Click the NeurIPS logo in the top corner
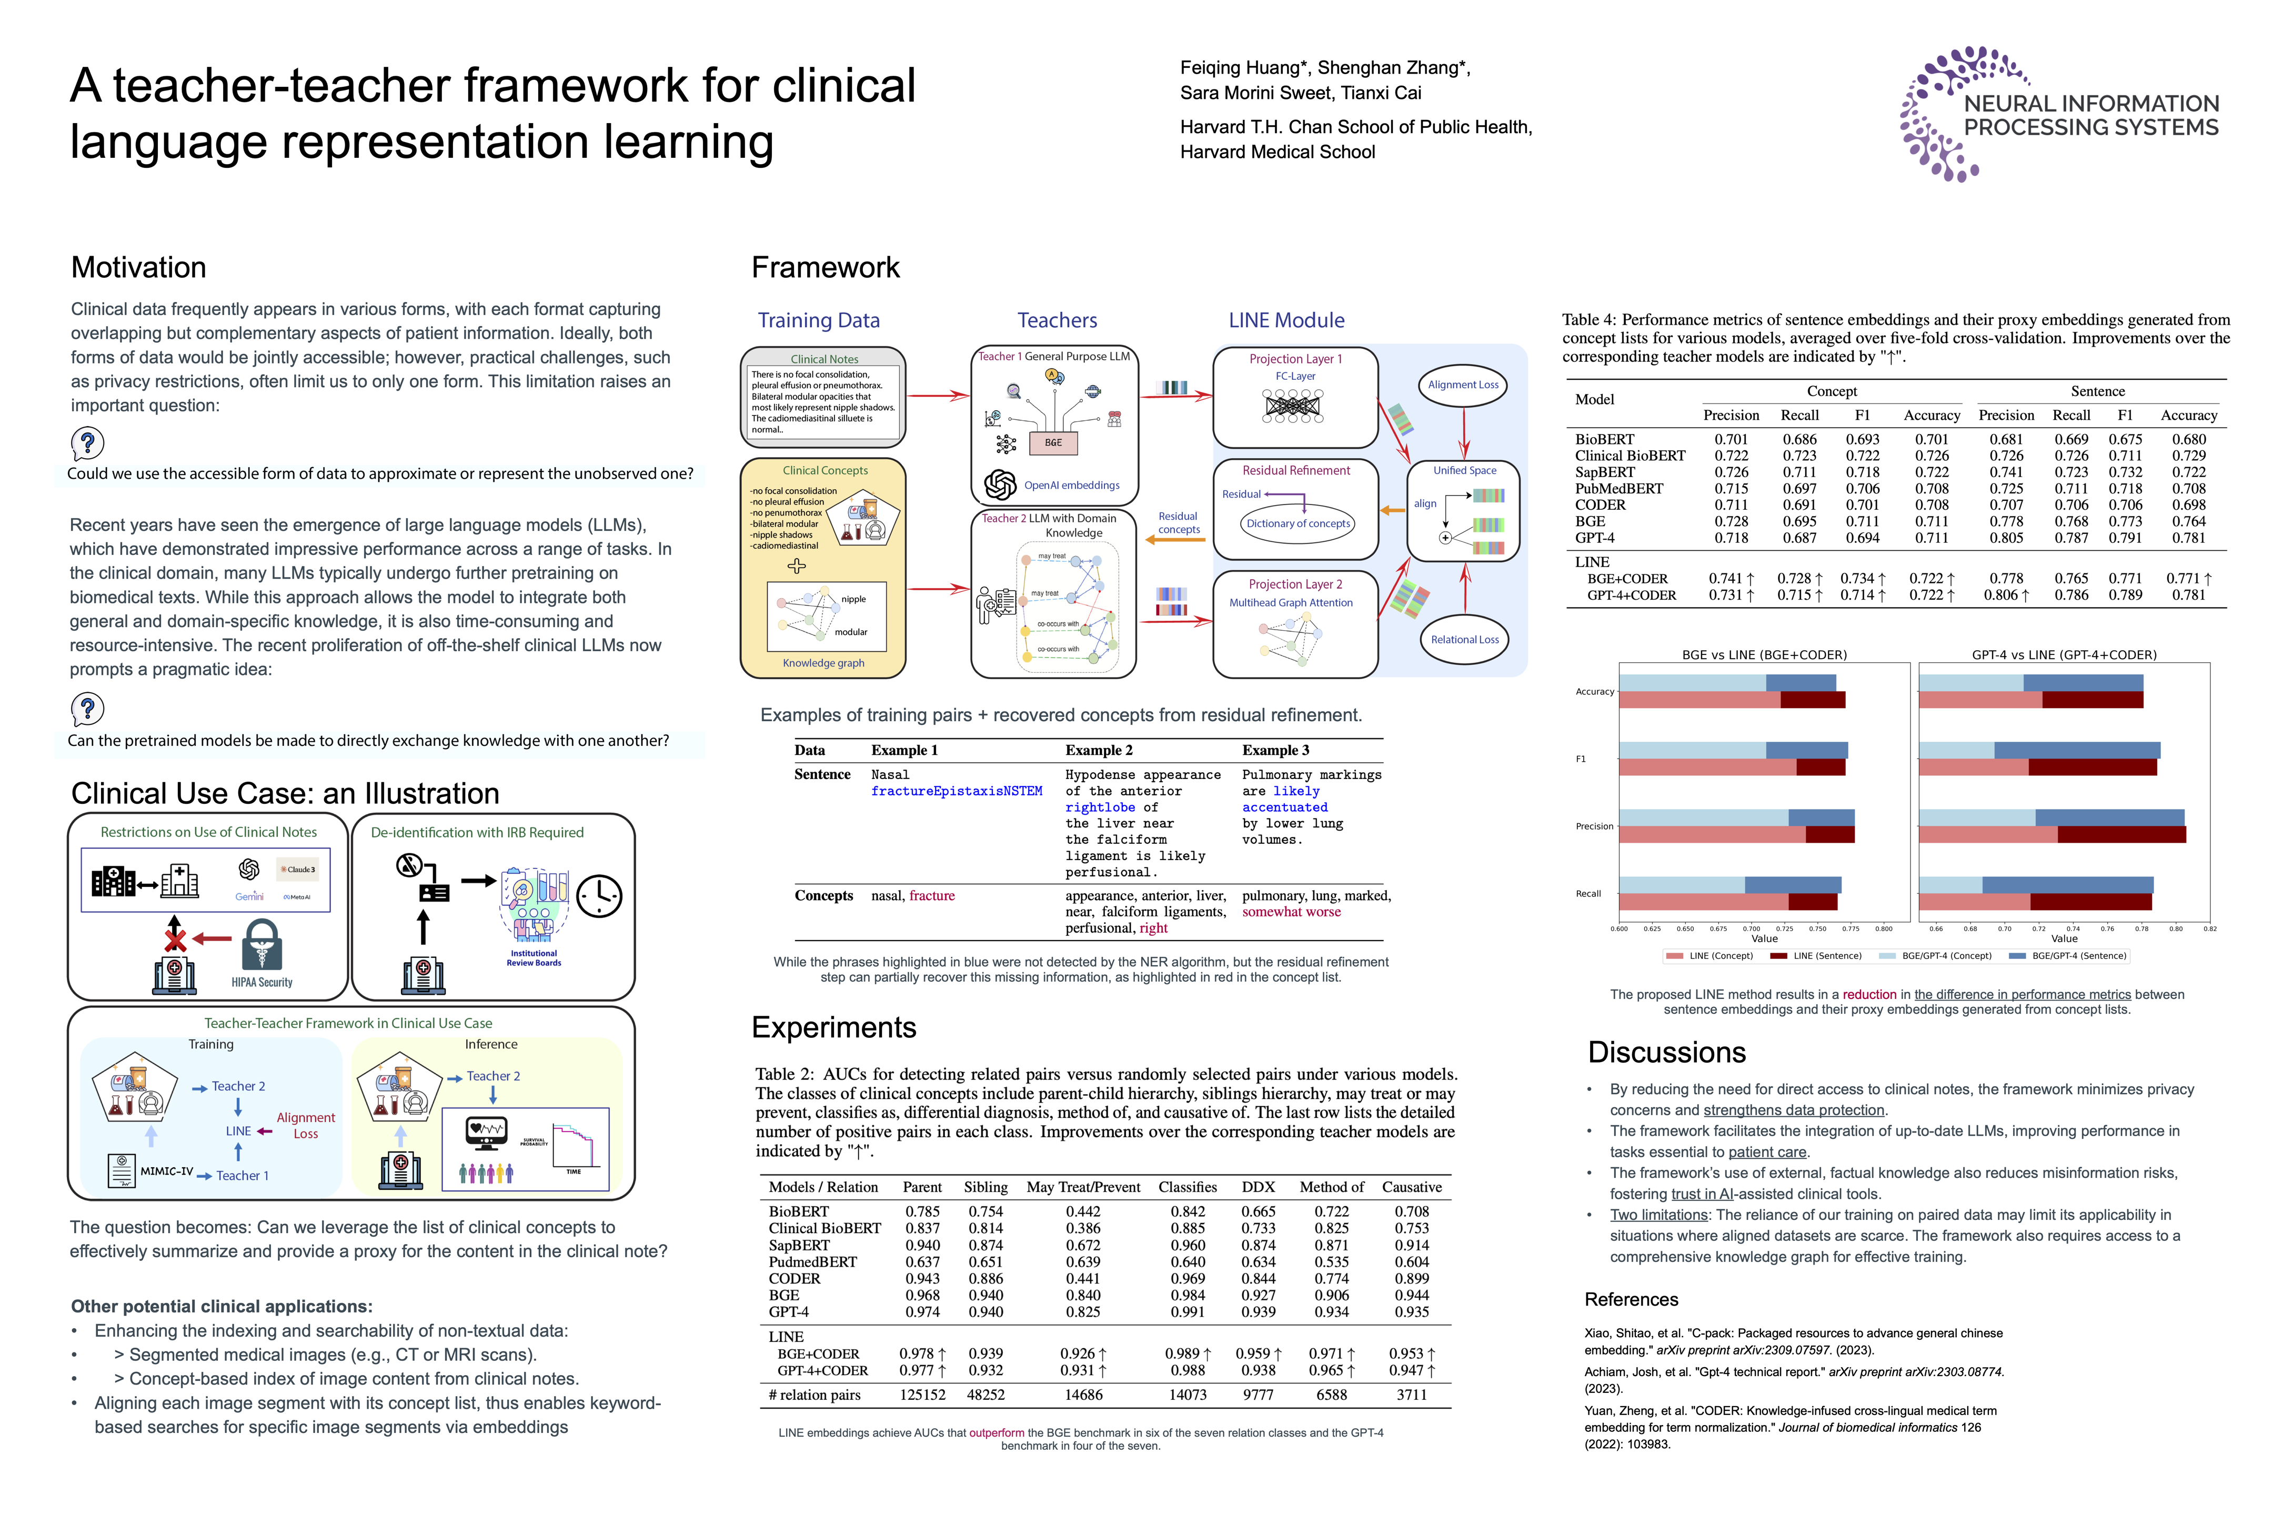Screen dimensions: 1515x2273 [2058, 114]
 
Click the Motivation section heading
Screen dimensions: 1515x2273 [138, 268]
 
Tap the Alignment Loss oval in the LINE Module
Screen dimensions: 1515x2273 [1463, 385]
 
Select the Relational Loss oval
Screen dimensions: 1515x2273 [1464, 640]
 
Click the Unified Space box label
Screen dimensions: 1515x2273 [1464, 470]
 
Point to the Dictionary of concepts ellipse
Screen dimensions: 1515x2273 [1298, 524]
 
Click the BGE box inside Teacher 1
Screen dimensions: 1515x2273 [1052, 442]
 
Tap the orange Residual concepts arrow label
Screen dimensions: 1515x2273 [1178, 523]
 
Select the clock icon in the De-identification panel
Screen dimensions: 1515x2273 [599, 896]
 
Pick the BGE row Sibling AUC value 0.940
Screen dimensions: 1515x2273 [985, 1295]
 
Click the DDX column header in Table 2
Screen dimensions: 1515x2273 [1258, 1187]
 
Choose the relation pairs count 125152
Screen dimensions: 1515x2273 [922, 1394]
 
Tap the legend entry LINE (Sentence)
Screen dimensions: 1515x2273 [1826, 956]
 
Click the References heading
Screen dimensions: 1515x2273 [1631, 1299]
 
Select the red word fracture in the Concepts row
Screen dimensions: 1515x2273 [932, 896]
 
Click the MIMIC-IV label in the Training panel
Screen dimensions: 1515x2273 [166, 1171]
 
